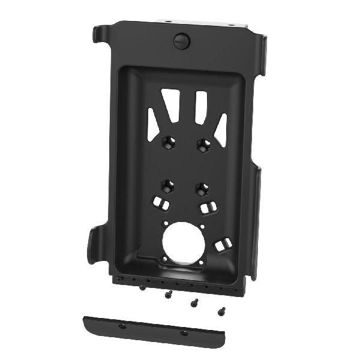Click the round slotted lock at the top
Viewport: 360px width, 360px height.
point(181,41)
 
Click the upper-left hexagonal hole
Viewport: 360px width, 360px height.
point(167,143)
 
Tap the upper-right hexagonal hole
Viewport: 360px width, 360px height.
point(202,144)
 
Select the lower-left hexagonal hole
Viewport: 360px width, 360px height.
point(167,185)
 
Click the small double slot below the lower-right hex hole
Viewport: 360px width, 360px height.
point(208,208)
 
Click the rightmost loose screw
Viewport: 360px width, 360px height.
point(221,311)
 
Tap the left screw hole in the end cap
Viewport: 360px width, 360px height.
point(122,325)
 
